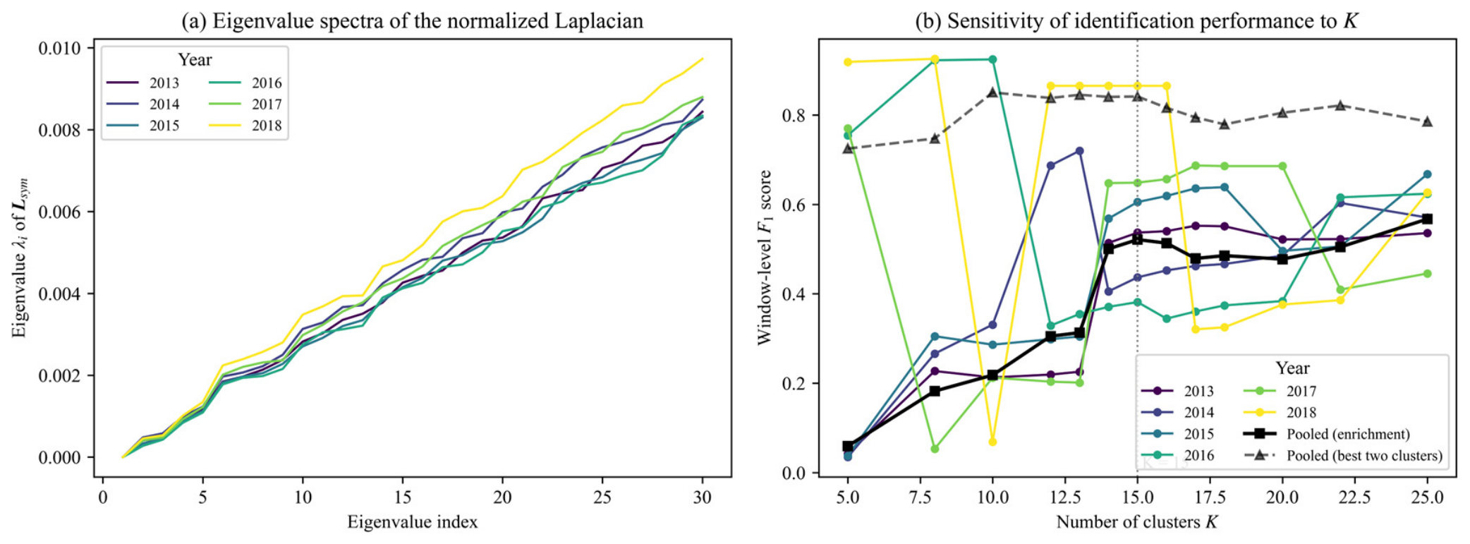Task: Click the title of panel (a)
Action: click(413, 20)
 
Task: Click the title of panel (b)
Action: click(1136, 20)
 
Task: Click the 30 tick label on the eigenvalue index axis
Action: click(702, 497)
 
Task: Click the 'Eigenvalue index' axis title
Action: click(413, 522)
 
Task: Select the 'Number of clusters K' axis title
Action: click(1137, 522)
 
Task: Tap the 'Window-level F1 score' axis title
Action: click(765, 257)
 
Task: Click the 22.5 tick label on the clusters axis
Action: click(1354, 497)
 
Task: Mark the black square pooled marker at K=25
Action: click(1427, 219)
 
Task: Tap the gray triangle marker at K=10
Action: click(992, 92)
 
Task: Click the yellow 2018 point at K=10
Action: click(992, 442)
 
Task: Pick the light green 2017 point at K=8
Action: click(935, 449)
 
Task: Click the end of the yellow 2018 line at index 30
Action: click(703, 59)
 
